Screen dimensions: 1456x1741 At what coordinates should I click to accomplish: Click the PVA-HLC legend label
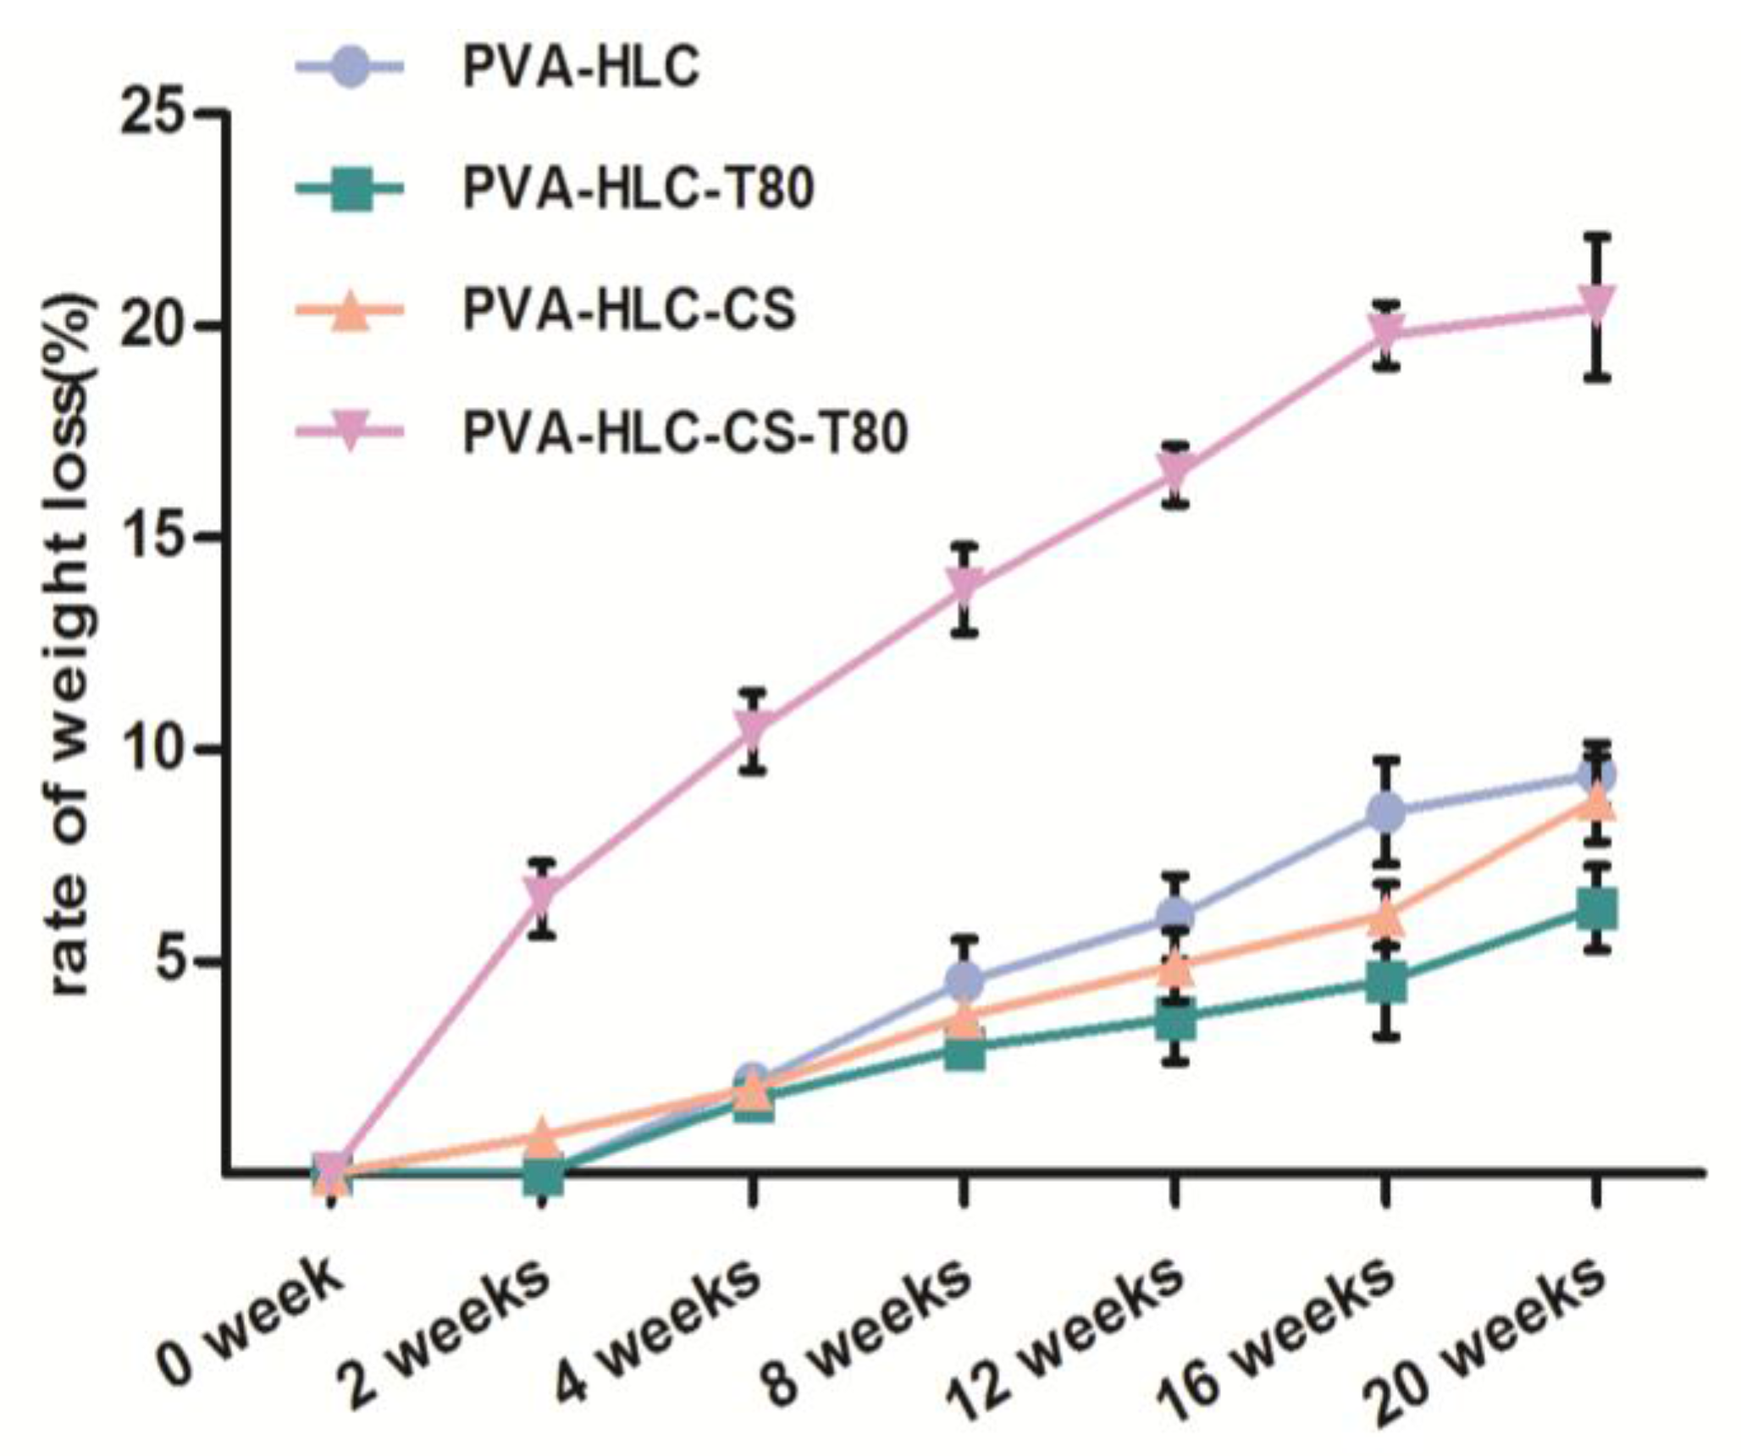(x=581, y=68)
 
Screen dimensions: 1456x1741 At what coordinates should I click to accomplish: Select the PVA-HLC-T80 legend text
(x=638, y=189)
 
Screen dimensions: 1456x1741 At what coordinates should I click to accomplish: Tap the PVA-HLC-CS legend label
(x=629, y=311)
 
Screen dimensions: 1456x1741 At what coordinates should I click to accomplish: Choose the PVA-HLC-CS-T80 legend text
(x=686, y=433)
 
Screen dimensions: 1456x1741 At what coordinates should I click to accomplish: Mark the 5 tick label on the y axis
(x=173, y=962)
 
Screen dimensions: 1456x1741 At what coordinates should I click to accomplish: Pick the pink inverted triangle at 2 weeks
(x=543, y=894)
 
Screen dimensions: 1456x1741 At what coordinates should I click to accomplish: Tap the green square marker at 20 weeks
(x=1596, y=910)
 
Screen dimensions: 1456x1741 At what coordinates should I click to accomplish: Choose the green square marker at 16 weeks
(x=1386, y=984)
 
